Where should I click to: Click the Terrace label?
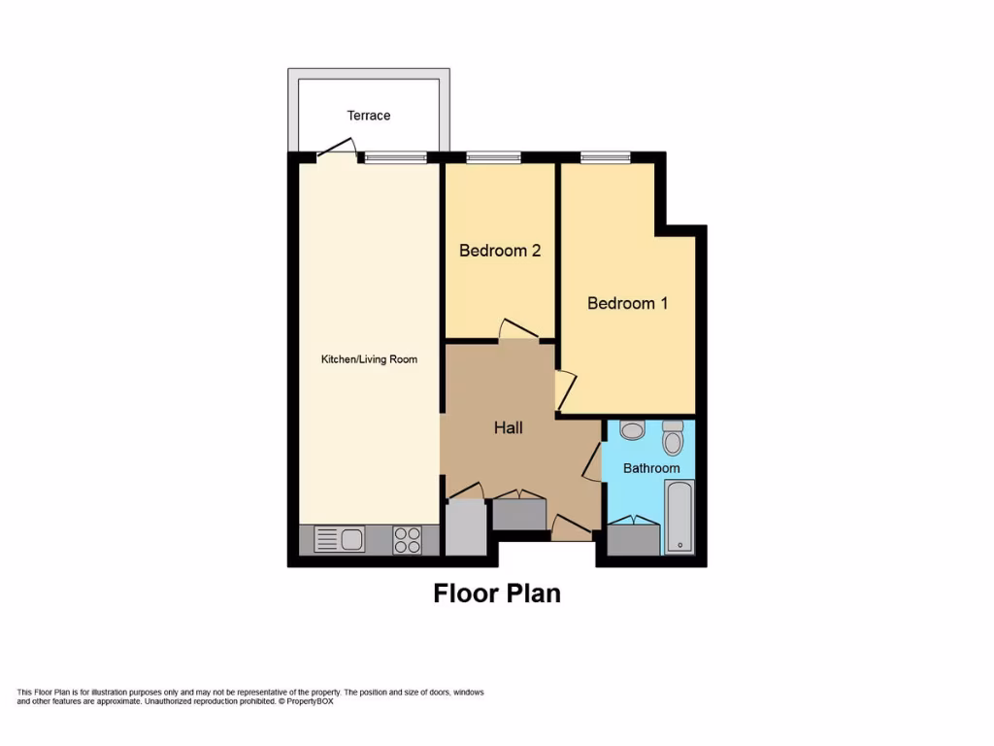[369, 116]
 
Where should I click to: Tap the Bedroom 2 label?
[500, 251]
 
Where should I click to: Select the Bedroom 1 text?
[627, 303]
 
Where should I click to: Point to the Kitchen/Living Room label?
[369, 359]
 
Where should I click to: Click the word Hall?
[508, 427]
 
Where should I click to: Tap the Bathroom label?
[651, 468]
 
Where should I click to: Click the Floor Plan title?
[496, 593]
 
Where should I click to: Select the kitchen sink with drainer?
[339, 539]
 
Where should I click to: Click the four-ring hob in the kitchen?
[408, 539]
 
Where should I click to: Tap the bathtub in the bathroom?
[679, 515]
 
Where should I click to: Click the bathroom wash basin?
[631, 429]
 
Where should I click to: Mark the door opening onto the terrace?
[335, 149]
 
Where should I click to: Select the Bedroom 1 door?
[566, 390]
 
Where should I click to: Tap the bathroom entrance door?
[592, 464]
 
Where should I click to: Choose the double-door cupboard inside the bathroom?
[634, 538]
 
